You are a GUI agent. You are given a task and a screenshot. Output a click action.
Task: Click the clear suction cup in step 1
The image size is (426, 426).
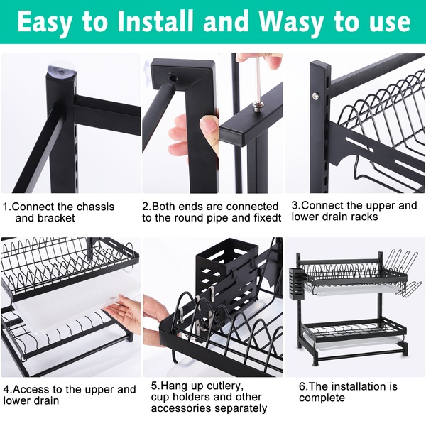point(61,70)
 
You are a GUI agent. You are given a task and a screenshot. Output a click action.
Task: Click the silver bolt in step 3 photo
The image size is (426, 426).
point(316,95)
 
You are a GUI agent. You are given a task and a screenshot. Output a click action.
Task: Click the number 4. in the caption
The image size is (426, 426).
point(7,389)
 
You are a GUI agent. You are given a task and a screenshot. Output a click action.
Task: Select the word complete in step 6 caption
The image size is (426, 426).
point(322,398)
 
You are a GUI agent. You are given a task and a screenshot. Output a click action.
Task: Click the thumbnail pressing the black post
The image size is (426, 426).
point(209,123)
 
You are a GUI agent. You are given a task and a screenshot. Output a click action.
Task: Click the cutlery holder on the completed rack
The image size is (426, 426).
point(296,283)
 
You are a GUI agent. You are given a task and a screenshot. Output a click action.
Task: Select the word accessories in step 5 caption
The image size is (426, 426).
point(180,408)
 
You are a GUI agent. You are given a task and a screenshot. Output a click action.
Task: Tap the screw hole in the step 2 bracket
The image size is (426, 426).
point(173,79)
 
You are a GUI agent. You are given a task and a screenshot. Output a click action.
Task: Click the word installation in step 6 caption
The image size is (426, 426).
point(349,386)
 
